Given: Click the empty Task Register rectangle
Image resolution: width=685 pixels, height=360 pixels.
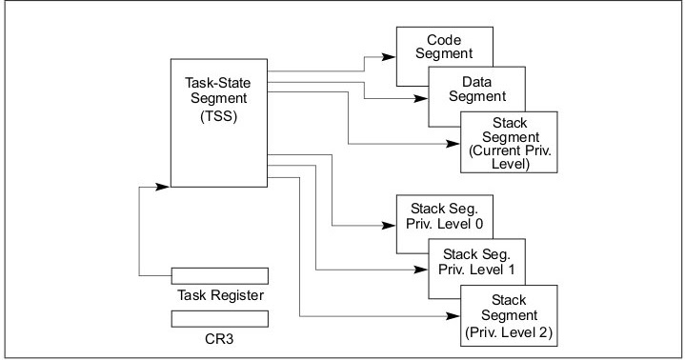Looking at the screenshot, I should [219, 275].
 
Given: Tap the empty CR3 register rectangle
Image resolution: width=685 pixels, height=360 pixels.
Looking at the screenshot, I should [219, 317].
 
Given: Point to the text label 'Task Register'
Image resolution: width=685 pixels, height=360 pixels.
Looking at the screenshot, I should [219, 295].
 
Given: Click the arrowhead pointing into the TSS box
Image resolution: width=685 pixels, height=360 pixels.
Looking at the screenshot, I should [166, 186].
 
